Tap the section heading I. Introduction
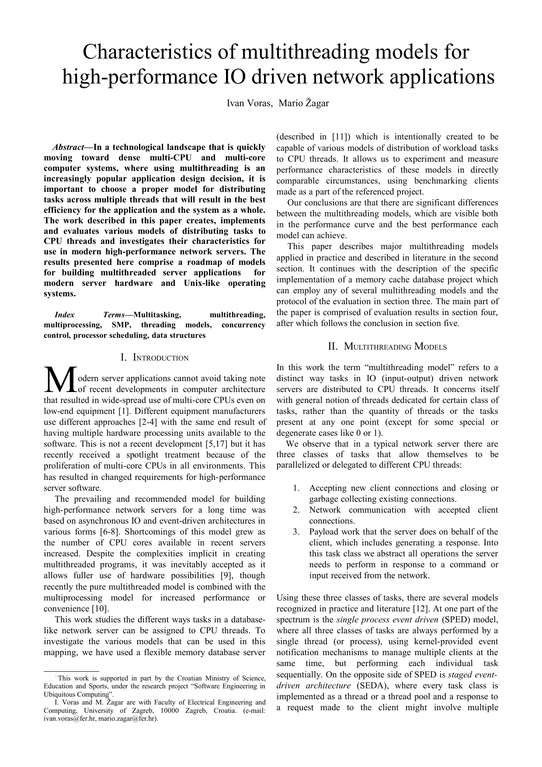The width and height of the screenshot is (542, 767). [x=154, y=358]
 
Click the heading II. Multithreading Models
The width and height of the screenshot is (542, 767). [x=387, y=347]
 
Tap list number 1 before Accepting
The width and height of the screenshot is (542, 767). [x=296, y=488]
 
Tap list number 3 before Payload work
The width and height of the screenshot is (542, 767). [x=296, y=532]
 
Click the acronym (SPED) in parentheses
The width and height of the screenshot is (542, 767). [x=454, y=620]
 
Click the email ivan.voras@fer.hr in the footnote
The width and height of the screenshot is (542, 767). [x=69, y=718]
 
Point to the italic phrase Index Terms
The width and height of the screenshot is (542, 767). [x=90, y=315]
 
